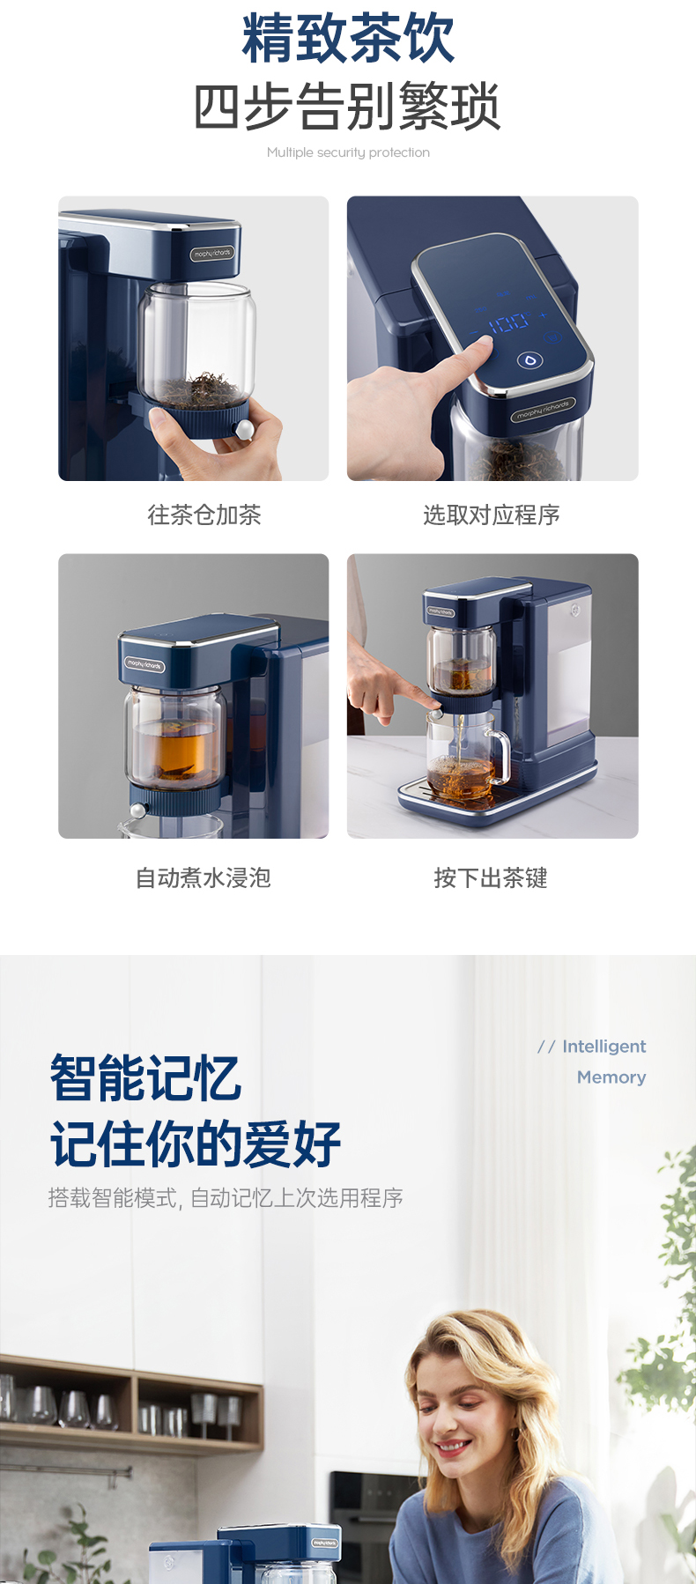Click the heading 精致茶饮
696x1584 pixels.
click(348, 38)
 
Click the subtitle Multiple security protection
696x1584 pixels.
click(348, 152)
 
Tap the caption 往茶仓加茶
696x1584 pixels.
click(204, 514)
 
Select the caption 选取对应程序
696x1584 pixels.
click(492, 514)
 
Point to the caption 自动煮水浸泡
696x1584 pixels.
click(204, 877)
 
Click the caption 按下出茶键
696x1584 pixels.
click(491, 877)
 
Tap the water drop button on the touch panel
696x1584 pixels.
click(529, 360)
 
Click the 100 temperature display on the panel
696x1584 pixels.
click(509, 323)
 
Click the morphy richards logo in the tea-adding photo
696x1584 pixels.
click(212, 254)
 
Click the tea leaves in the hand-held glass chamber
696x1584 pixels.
click(204, 389)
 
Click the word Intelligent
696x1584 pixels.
click(604, 1047)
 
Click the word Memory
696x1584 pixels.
click(611, 1077)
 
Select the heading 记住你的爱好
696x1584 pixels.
click(196, 1144)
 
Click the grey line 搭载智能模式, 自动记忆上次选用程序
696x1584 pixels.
click(226, 1198)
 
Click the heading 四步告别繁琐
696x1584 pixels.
click(348, 107)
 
